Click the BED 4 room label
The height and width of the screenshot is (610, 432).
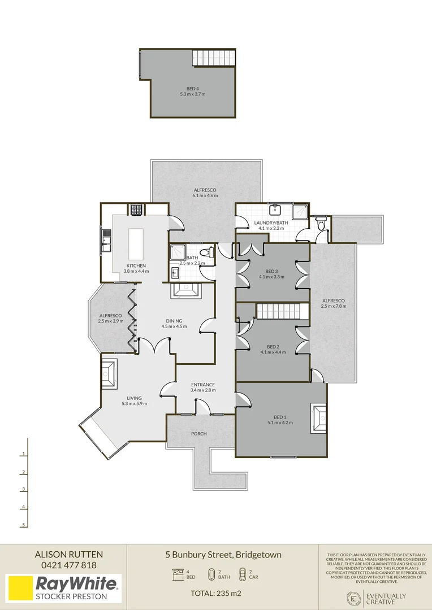tap(192, 89)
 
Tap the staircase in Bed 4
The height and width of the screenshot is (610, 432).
tap(214, 58)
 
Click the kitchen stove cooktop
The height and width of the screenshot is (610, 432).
tap(136, 210)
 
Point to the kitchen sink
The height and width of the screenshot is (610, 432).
tap(106, 241)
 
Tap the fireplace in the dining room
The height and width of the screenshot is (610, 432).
tap(185, 291)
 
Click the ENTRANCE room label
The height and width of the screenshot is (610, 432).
tap(203, 385)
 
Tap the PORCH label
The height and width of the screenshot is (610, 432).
tap(198, 434)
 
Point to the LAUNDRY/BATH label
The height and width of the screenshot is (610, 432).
tap(271, 223)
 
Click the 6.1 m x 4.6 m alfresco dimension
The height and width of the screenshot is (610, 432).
tap(205, 195)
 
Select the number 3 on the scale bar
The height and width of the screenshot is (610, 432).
tap(23, 489)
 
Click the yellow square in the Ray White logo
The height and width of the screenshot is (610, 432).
tap(19, 589)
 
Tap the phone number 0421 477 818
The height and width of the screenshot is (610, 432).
tap(68, 565)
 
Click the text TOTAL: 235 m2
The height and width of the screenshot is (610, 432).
tap(216, 593)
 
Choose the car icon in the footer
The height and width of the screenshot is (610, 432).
tap(243, 574)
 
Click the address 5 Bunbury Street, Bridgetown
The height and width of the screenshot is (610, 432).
tap(223, 555)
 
